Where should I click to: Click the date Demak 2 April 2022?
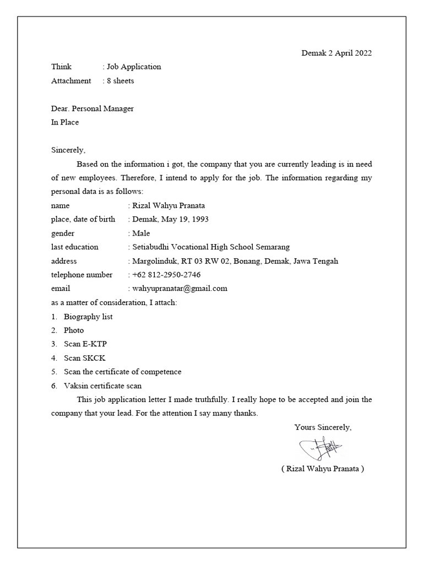coord(336,53)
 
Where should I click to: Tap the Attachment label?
coord(71,81)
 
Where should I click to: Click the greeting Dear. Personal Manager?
coord(93,109)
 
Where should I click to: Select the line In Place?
coord(65,122)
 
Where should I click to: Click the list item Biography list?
coord(88,317)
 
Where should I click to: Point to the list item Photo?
coord(74,330)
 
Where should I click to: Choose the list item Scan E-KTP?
coord(85,344)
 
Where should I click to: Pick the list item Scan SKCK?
coord(84,358)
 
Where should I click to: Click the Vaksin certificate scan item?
coord(102,386)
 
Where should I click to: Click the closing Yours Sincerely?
coord(323,427)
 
